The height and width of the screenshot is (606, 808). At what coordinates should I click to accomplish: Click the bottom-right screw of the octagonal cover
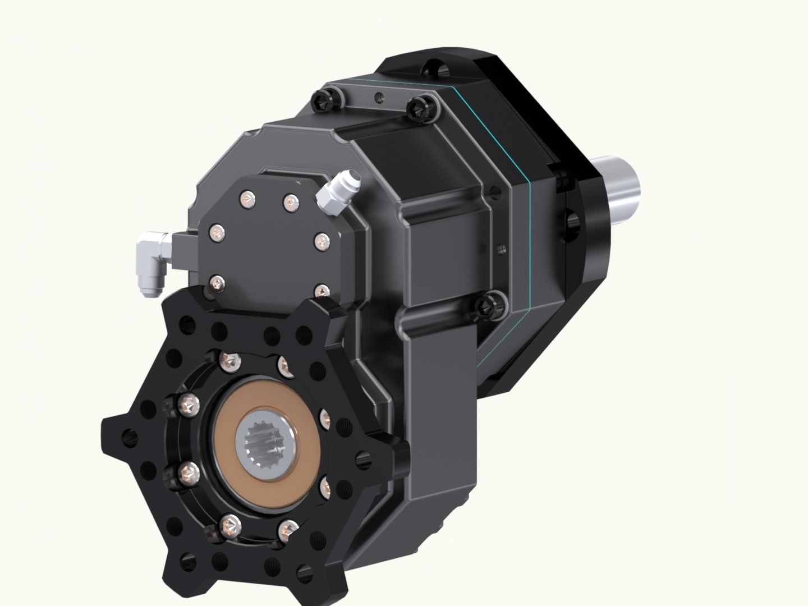(x=321, y=290)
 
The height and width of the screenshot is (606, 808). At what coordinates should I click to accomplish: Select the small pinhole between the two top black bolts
(x=378, y=95)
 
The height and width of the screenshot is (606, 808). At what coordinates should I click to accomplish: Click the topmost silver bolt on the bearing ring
(x=229, y=359)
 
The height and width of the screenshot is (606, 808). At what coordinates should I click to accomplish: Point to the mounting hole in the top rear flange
(x=438, y=70)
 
